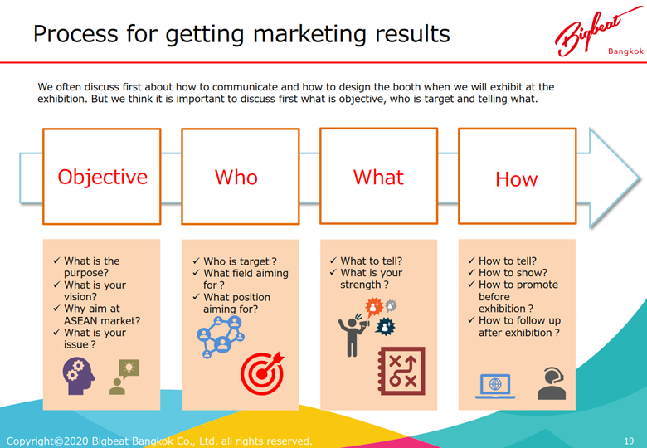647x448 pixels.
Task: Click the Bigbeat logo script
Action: tap(594, 32)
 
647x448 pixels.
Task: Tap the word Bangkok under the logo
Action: tap(625, 51)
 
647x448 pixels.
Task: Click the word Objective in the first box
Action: tap(102, 177)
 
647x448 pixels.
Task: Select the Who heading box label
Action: tap(236, 178)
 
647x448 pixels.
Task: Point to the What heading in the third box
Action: tap(378, 178)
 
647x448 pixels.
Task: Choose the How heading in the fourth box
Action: tap(517, 179)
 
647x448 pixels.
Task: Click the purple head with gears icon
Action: tap(79, 376)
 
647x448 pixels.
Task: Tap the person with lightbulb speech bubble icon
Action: tap(124, 377)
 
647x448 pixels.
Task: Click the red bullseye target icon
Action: tap(262, 373)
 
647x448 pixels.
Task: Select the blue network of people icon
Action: tap(221, 337)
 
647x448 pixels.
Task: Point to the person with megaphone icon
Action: tap(353, 335)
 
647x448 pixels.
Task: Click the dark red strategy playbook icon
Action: tap(401, 371)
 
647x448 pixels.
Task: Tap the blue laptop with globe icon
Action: tap(495, 386)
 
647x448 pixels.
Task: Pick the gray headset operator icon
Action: tap(552, 383)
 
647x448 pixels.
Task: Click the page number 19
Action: tap(629, 441)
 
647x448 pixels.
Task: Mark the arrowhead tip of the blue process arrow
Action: tap(640, 178)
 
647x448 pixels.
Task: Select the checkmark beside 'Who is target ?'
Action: tap(196, 261)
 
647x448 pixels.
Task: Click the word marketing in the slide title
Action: tap(309, 34)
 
